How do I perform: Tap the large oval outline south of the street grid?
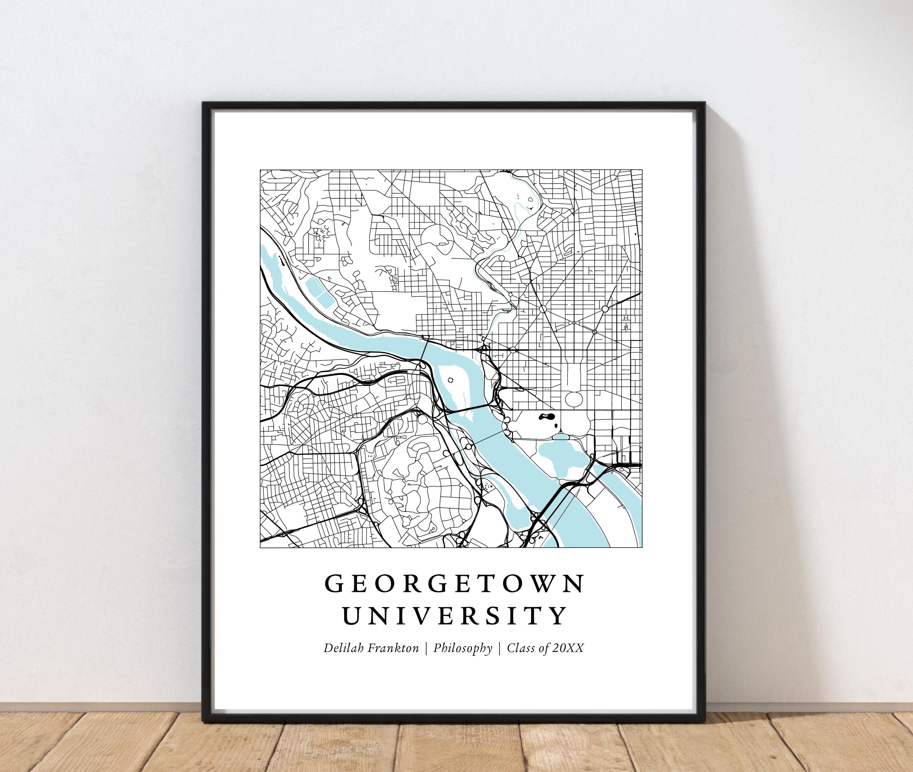(574, 398)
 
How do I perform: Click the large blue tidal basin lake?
(558, 460)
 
